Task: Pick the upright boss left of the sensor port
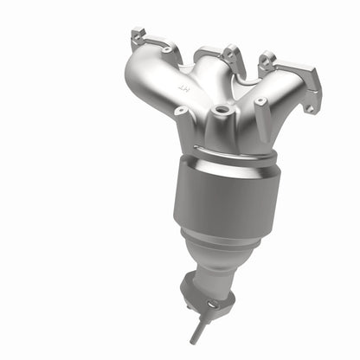click(181, 113)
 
